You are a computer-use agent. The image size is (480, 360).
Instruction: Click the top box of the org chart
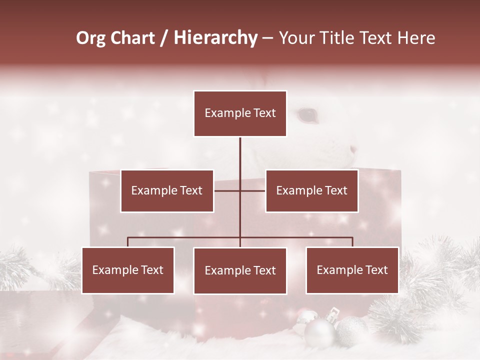click(x=240, y=113)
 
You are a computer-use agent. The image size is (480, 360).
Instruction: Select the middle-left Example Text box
click(x=167, y=191)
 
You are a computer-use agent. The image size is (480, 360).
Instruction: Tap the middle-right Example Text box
click(x=311, y=191)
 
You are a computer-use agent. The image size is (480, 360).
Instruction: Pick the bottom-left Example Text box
click(x=127, y=270)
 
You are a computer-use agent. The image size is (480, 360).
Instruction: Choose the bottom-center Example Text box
click(x=240, y=271)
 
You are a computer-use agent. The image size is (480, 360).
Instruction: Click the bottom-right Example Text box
click(x=352, y=270)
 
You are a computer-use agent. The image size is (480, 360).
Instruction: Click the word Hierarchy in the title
click(x=215, y=37)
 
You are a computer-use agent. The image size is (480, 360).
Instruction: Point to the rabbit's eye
click(x=307, y=115)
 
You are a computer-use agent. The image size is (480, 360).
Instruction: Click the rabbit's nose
click(x=353, y=149)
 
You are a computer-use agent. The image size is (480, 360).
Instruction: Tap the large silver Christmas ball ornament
click(x=319, y=332)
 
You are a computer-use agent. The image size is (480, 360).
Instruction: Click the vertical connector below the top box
click(x=240, y=155)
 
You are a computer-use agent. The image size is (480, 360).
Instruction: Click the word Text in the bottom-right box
click(x=375, y=270)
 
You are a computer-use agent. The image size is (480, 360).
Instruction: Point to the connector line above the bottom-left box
click(x=128, y=242)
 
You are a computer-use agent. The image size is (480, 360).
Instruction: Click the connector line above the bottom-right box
click(x=352, y=242)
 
